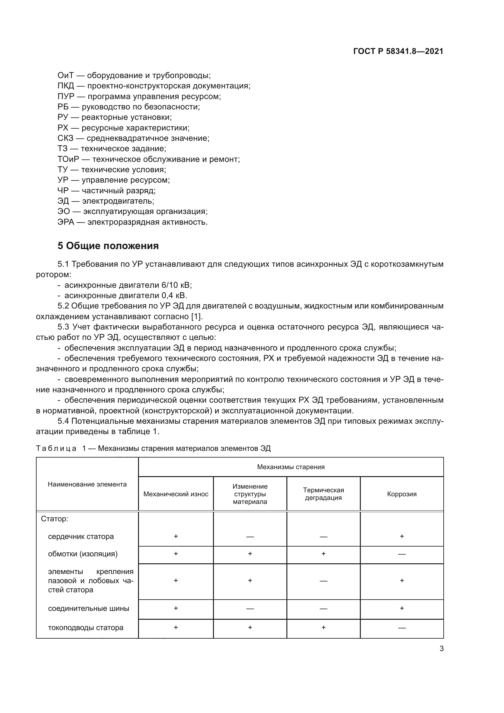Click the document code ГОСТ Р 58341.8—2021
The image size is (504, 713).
point(398,51)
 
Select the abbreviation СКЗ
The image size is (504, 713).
point(66,138)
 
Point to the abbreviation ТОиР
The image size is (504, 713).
point(68,159)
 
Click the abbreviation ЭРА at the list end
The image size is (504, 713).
point(66,222)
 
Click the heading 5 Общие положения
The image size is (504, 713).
point(108,246)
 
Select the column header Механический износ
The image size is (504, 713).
point(176,494)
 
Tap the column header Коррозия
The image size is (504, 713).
point(402,494)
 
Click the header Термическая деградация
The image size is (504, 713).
point(323,494)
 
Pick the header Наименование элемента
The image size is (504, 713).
point(87,484)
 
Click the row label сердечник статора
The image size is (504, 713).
point(81,537)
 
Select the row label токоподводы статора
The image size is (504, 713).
point(86,628)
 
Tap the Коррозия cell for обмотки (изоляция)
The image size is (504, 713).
point(402,554)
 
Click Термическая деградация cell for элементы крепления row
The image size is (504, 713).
point(323,581)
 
